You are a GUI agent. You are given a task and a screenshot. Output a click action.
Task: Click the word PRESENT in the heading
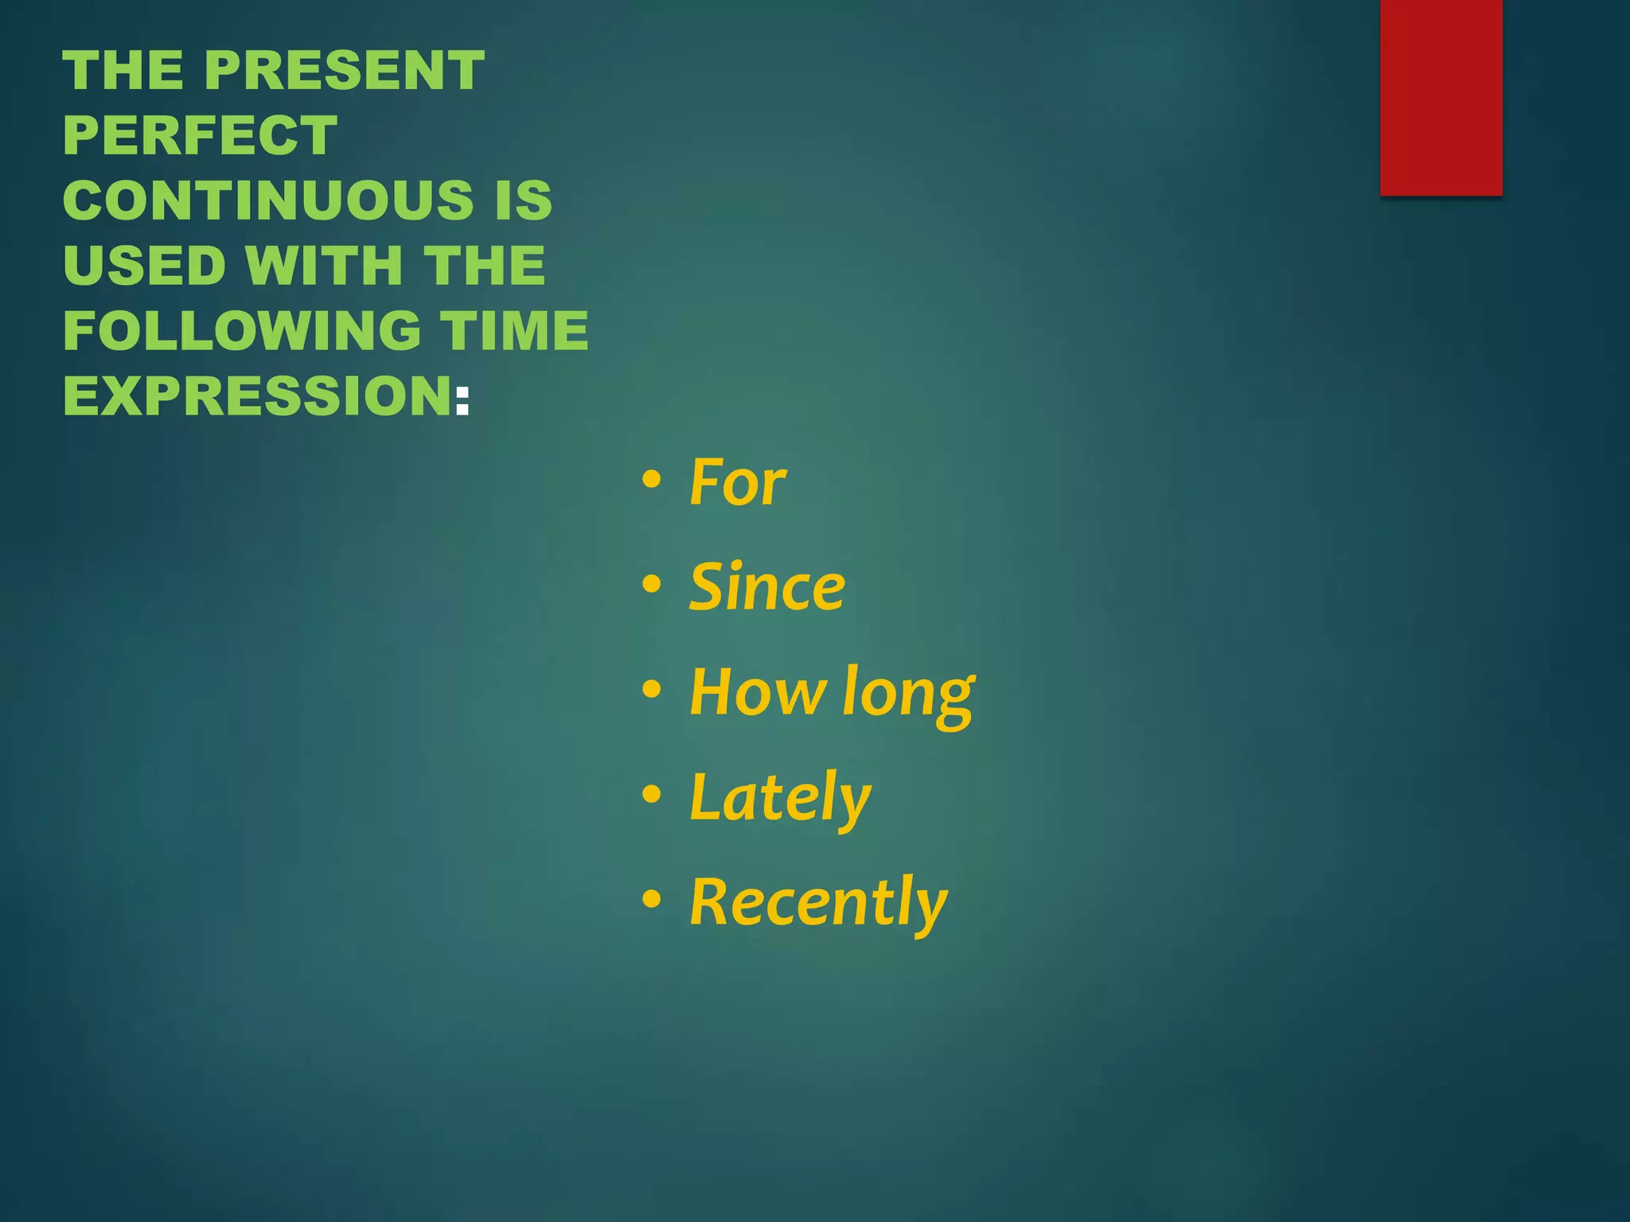pyautogui.click(x=345, y=70)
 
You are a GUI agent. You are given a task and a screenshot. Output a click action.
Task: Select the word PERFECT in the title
pyautogui.click(x=201, y=135)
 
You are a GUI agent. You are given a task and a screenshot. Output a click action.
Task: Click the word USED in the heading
pyautogui.click(x=145, y=265)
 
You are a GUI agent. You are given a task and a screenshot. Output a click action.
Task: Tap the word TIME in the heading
pyautogui.click(x=514, y=330)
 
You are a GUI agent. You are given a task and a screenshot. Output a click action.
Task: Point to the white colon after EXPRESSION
pyautogui.click(x=462, y=398)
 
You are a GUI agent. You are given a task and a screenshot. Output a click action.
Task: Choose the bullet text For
pyautogui.click(x=738, y=482)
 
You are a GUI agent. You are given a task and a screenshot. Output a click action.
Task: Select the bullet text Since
pyautogui.click(x=767, y=587)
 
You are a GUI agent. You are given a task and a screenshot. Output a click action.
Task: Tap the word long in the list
pyautogui.click(x=908, y=695)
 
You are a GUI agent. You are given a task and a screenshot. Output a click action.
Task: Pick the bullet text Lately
pyautogui.click(x=780, y=799)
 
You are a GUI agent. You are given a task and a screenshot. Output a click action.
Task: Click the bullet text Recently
pyautogui.click(x=818, y=904)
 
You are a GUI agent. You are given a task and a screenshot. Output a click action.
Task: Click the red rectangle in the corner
pyautogui.click(x=1441, y=97)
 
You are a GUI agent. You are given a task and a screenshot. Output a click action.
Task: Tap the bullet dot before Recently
pyautogui.click(x=652, y=899)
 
